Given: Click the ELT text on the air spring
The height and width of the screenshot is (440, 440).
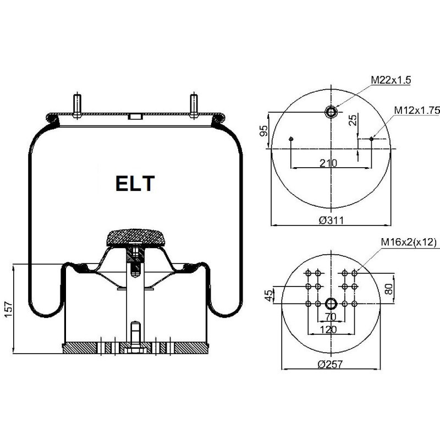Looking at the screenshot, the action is tap(135, 183).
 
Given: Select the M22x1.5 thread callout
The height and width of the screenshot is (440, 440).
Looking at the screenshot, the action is tap(391, 80).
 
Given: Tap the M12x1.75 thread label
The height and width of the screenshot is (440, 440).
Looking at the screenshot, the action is tap(417, 111).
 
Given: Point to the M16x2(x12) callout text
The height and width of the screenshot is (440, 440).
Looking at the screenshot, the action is tap(409, 242).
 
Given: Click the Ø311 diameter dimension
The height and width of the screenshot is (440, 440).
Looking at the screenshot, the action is tap(331, 221).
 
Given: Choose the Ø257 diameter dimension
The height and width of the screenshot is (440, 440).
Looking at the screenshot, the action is tap(330, 364).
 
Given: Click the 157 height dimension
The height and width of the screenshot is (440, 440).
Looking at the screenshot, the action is tap(9, 310).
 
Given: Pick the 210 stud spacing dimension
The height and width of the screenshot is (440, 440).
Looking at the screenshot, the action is tap(328, 163).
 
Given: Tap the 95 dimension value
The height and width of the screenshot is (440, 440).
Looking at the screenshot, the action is tap(264, 131).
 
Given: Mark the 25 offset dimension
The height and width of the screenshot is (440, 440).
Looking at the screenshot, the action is tap(353, 119).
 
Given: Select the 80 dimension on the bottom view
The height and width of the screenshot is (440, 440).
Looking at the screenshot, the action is tap(388, 289).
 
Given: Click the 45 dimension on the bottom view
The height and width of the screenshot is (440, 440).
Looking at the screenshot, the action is tap(269, 295).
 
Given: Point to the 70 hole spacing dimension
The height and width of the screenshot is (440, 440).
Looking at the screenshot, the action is tap(331, 317).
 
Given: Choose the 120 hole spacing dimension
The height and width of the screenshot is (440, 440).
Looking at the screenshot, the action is tap(328, 329).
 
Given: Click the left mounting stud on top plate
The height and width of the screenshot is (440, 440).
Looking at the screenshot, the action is tap(77, 106).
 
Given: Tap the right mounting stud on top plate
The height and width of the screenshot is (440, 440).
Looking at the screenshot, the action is tap(194, 106).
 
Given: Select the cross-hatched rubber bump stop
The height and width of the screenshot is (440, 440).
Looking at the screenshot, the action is tap(135, 238).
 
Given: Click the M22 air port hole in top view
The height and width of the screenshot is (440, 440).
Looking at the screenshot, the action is tap(331, 112).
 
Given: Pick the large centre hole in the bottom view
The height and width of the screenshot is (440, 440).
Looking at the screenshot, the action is tap(331, 304).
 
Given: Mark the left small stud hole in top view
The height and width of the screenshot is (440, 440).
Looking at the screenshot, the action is tap(291, 139).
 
